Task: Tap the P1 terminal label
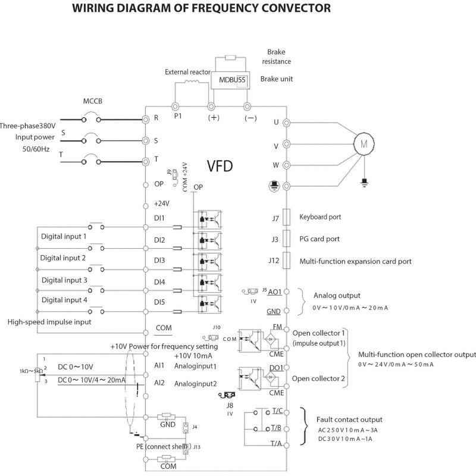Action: pyautogui.click(x=177, y=116)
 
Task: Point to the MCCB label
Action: pyautogui.click(x=92, y=101)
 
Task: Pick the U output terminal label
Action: pyautogui.click(x=275, y=122)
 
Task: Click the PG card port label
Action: pyautogui.click(x=320, y=239)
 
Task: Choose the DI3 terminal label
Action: pyautogui.click(x=159, y=261)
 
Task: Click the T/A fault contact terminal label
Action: pyautogui.click(x=276, y=443)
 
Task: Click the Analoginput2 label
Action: pyautogui.click(x=196, y=384)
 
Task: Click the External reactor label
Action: pyautogui.click(x=186, y=71)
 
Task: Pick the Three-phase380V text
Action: pyautogui.click(x=29, y=126)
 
